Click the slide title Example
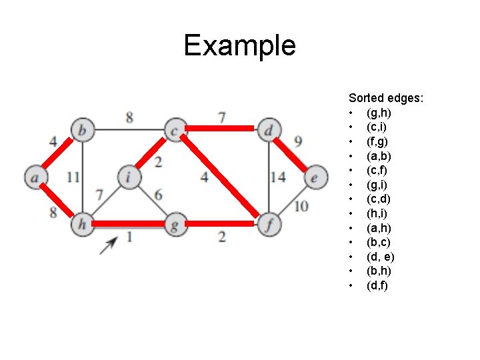[x=239, y=45]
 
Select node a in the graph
[x=34, y=177]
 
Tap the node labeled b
[x=82, y=131]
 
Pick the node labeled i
[x=128, y=177]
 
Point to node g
[x=175, y=225]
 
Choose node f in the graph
[x=268, y=225]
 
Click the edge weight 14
[x=277, y=177]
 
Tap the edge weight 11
[x=73, y=177]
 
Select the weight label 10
[x=301, y=205]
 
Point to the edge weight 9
[x=298, y=141]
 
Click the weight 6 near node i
[x=158, y=194]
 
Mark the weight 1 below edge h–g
[x=129, y=237]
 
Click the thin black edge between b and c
[x=129, y=130]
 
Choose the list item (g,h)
[x=378, y=113]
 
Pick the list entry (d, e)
[x=380, y=257]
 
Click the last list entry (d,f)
[x=377, y=285]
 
